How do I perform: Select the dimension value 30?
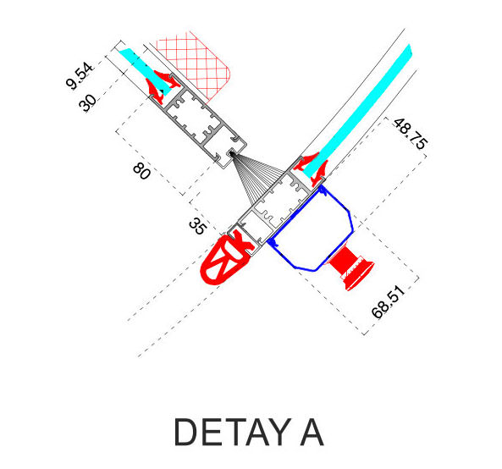(87, 102)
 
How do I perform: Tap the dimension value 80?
(141, 171)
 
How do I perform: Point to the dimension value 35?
(197, 226)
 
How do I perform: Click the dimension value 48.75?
(411, 134)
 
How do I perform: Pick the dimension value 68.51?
(388, 302)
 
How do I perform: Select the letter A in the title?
(312, 433)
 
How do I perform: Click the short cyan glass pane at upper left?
(144, 71)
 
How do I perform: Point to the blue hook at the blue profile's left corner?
(272, 242)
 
